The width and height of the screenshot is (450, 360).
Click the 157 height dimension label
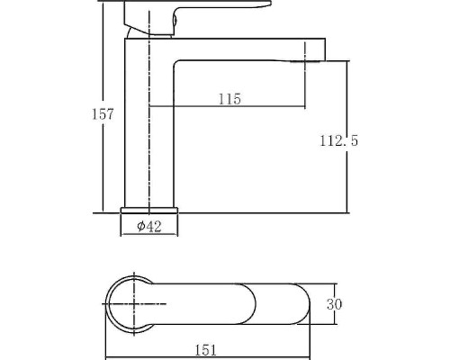103,114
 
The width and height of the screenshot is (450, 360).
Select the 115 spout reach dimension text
229,99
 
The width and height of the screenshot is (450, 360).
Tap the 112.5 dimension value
338,140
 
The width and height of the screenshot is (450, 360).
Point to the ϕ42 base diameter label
149,226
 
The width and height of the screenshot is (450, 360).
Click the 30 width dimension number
334,304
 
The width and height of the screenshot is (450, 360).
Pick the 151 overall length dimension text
206,350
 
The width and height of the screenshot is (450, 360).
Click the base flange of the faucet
149,210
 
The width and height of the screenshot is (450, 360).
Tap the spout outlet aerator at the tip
305,61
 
